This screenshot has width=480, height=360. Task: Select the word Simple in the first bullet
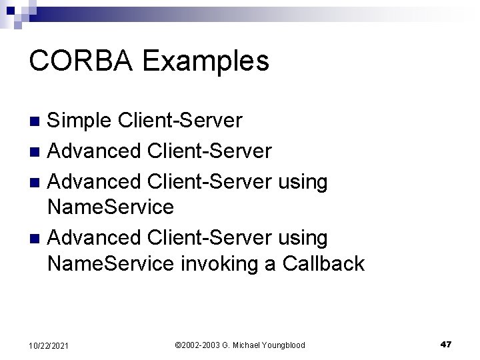[x=81, y=120]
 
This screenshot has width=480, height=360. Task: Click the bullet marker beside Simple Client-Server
[x=38, y=121]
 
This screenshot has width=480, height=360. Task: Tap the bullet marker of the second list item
[x=38, y=151]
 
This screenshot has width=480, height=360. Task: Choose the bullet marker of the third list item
[x=38, y=181]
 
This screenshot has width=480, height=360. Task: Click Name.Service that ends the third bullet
[x=111, y=207]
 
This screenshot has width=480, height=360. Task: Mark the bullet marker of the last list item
[x=38, y=237]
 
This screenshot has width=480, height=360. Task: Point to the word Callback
[x=323, y=264]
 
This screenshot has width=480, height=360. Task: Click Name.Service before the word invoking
[x=111, y=264]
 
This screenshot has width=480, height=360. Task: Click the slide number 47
[x=446, y=344]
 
